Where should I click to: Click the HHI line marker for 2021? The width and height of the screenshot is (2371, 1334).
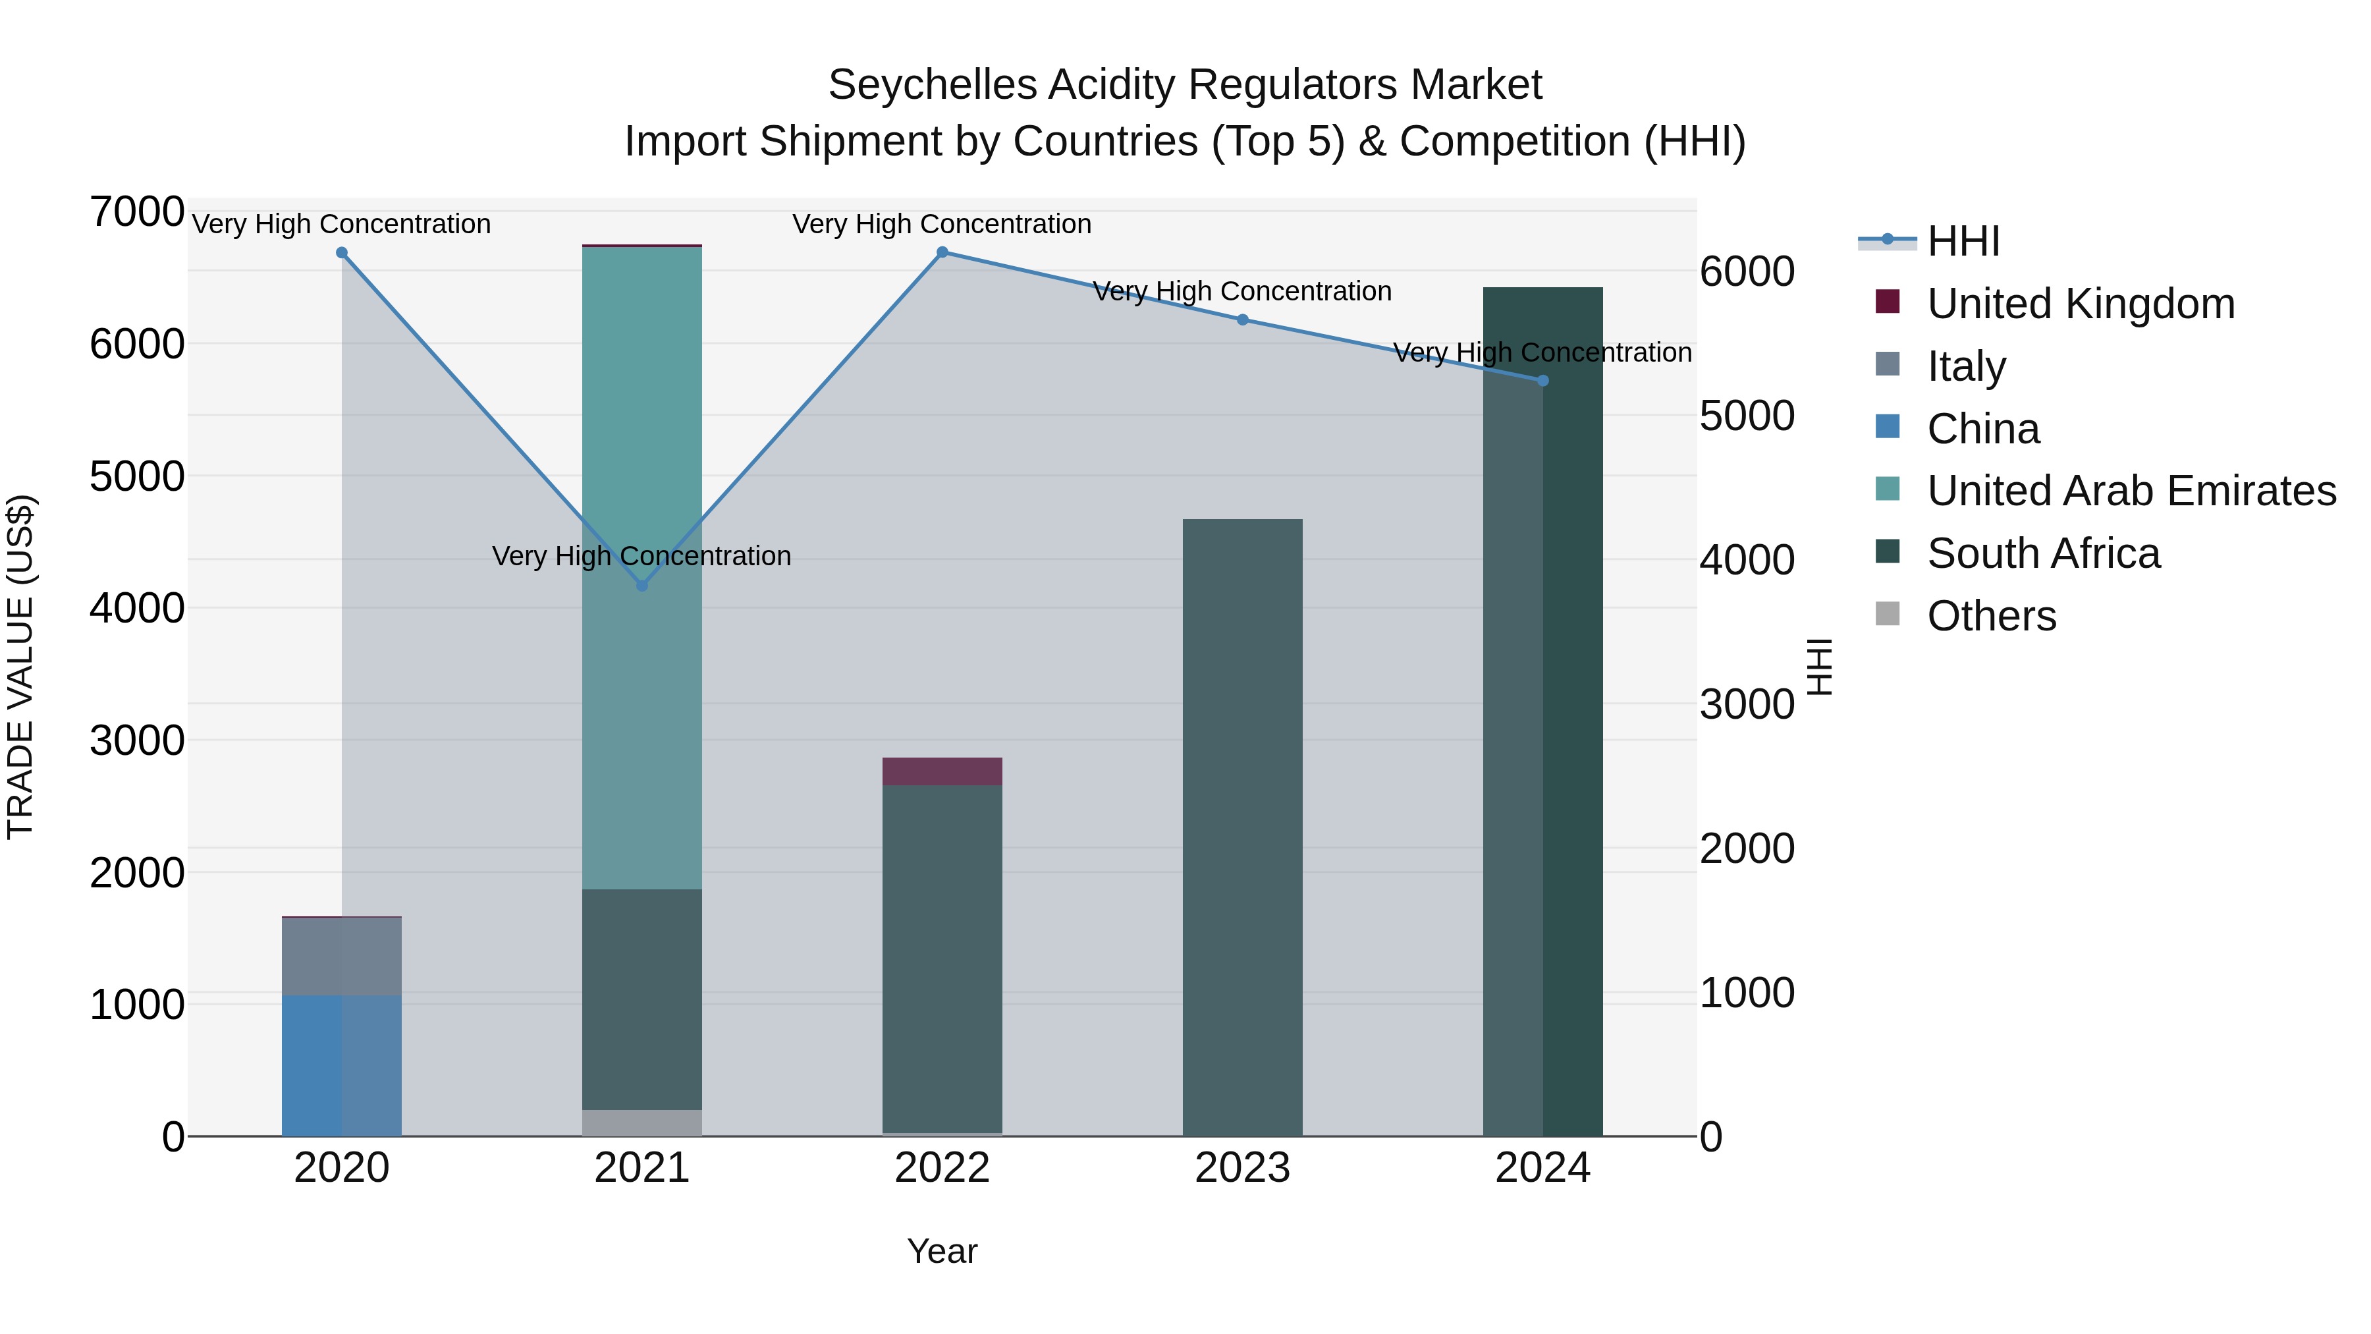641,586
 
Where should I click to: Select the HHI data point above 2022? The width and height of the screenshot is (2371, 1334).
942,252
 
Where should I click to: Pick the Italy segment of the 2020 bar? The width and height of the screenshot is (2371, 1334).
341,957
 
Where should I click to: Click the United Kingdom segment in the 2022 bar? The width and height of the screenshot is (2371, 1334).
942,771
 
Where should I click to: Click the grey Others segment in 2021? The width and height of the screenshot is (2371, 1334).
641,1123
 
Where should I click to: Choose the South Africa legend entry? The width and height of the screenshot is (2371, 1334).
2042,553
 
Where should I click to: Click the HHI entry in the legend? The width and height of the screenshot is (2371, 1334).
1963,241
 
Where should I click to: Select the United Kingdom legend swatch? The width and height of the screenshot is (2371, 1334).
1887,302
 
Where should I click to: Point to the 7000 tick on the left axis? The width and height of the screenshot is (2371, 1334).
136,211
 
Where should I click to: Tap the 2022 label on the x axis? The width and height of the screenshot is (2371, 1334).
942,1168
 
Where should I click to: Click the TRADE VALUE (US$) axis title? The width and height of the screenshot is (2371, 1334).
20,667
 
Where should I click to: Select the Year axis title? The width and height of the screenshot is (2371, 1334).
942,1251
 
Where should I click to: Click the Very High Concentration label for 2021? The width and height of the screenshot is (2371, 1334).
641,556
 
